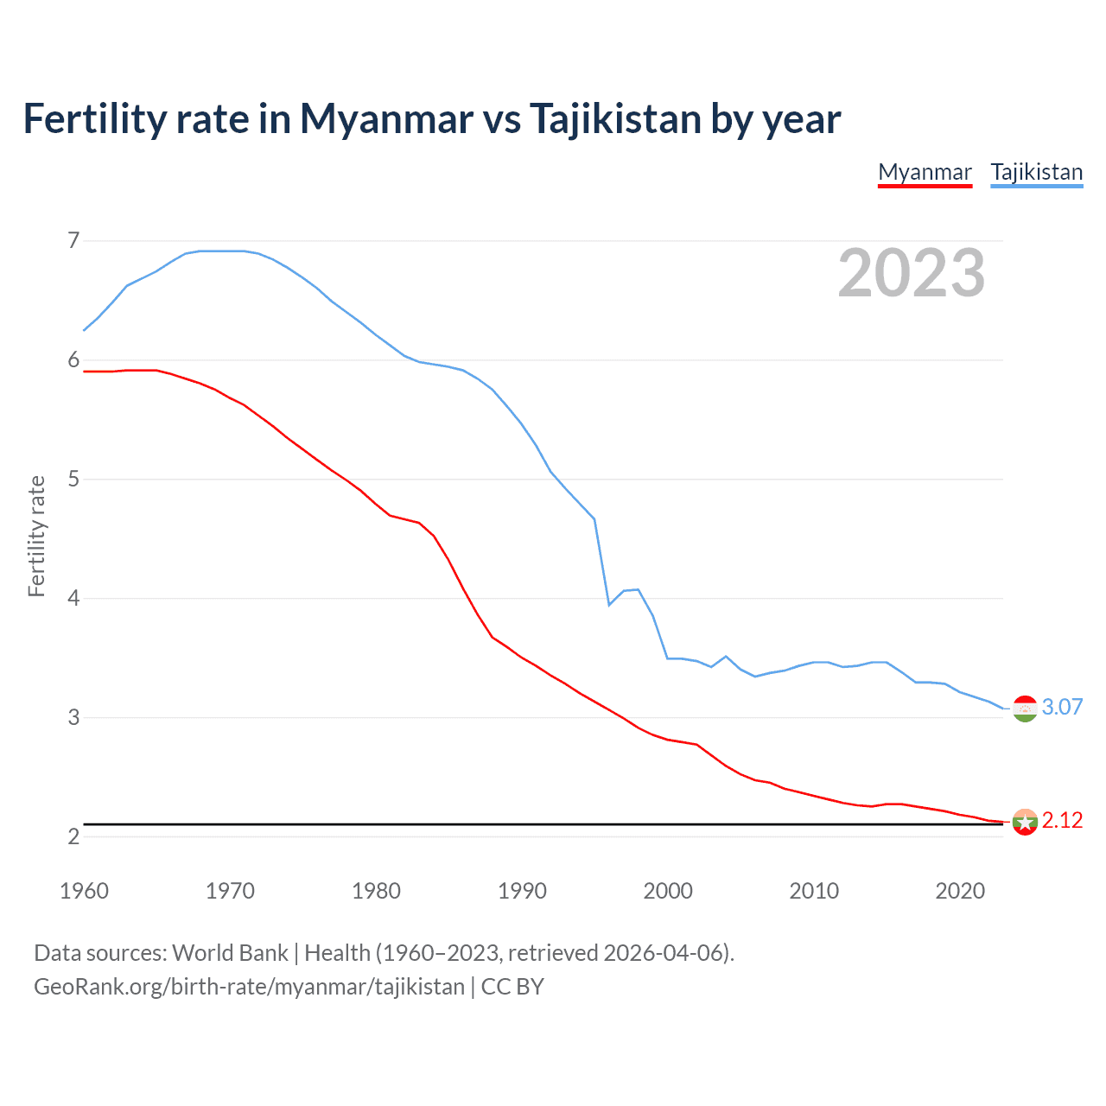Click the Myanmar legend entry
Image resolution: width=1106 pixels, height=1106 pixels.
pyautogui.click(x=925, y=172)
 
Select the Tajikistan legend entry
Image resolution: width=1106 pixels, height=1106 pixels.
pyautogui.click(x=1036, y=172)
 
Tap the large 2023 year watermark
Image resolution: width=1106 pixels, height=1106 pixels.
pyautogui.click(x=912, y=273)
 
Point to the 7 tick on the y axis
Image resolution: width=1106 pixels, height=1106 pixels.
pyautogui.click(x=73, y=240)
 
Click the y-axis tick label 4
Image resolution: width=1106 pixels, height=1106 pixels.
pyautogui.click(x=73, y=598)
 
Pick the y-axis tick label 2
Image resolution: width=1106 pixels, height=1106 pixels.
pyautogui.click(x=73, y=836)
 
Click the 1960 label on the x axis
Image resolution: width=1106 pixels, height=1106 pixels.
pyautogui.click(x=84, y=891)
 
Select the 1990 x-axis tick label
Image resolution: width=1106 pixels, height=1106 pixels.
pyautogui.click(x=522, y=891)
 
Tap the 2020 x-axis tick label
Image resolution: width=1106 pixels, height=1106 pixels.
pyautogui.click(x=960, y=891)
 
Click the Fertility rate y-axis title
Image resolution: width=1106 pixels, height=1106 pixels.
pyautogui.click(x=36, y=536)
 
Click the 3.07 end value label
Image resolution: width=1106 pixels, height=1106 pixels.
pyautogui.click(x=1062, y=707)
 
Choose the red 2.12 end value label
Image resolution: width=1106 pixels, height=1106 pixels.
pyautogui.click(x=1062, y=820)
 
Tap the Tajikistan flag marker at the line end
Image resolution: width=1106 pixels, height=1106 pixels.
pyautogui.click(x=1025, y=709)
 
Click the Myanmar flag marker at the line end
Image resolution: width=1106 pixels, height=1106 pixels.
pyautogui.click(x=1025, y=822)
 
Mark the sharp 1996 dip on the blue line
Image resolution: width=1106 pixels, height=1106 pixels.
pyautogui.click(x=609, y=604)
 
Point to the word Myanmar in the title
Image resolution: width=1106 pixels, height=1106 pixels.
pyautogui.click(x=386, y=118)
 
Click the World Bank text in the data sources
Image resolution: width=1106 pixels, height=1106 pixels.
pyautogui.click(x=230, y=953)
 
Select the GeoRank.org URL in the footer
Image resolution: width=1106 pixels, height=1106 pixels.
pyautogui.click(x=249, y=987)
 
